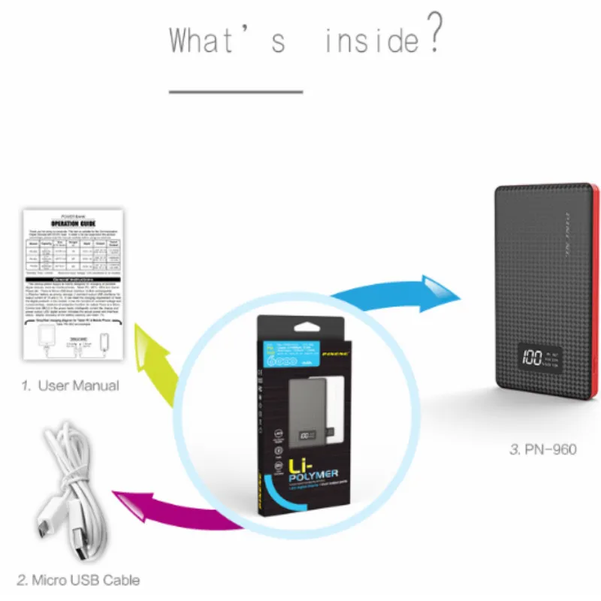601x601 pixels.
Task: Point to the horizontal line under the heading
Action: (x=235, y=92)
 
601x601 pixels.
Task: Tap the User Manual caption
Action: (x=70, y=385)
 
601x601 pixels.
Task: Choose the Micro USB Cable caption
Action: (x=78, y=580)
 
